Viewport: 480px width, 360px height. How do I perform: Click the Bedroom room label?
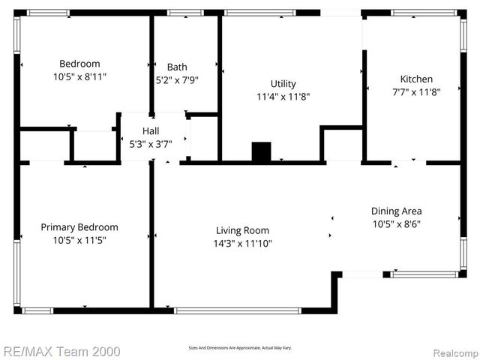[79, 64]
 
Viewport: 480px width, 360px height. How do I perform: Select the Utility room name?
[283, 84]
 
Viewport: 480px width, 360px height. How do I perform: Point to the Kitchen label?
[415, 79]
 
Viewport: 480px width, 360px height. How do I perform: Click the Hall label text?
[151, 130]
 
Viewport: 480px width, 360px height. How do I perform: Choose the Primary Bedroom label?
[79, 227]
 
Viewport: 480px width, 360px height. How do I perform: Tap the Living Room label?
[242, 230]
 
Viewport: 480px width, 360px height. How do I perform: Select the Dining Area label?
[397, 211]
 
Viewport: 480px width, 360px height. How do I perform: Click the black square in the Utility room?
[261, 151]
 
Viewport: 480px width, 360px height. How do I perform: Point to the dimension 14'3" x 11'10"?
[242, 243]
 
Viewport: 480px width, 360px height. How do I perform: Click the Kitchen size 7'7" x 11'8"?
[415, 91]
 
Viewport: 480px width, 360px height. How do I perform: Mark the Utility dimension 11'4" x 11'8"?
[283, 97]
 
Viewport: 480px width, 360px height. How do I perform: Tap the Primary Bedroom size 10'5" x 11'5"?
[79, 240]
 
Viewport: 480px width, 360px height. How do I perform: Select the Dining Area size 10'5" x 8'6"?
[397, 223]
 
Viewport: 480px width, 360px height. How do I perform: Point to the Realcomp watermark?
[453, 350]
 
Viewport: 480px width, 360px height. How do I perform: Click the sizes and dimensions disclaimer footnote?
[240, 348]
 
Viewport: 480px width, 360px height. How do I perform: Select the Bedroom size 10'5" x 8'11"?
[79, 76]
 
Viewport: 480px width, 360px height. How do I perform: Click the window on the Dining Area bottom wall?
[424, 274]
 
